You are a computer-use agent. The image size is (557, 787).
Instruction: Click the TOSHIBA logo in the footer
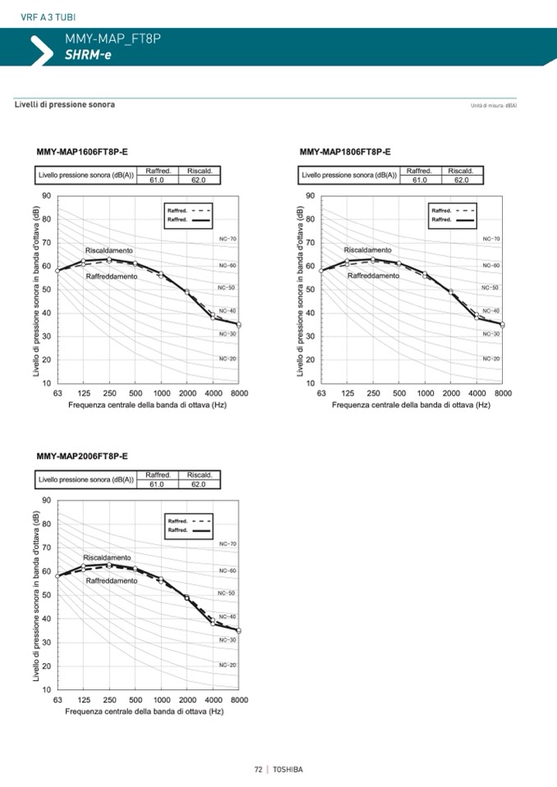coord(288,769)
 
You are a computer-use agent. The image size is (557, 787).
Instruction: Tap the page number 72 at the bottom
coord(258,769)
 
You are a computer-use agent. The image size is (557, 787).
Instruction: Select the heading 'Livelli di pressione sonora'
coord(65,105)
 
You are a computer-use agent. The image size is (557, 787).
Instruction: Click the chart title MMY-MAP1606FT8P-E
coord(82,152)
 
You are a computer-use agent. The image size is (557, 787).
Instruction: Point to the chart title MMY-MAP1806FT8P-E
coord(345,152)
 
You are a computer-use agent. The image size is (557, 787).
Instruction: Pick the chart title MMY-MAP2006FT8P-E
coord(82,455)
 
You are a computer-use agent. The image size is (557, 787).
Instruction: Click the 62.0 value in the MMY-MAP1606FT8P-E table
coord(200,180)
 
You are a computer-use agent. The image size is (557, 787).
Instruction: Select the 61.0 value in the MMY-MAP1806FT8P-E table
coord(420,180)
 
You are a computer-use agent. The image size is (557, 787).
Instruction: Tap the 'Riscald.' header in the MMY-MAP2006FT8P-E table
coord(200,475)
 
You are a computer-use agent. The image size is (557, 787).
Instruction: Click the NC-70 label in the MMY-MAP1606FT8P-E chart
coord(228,239)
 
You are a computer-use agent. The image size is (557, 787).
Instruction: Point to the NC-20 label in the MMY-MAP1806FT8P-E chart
coord(491,359)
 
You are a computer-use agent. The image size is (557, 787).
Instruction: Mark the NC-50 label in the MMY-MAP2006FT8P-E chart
coord(227,593)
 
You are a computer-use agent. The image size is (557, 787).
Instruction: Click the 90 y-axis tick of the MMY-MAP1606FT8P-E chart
coord(47,196)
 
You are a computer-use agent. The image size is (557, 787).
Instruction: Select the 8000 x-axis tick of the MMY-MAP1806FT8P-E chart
coord(503,393)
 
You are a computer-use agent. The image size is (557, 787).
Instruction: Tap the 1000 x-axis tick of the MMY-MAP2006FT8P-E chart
coord(162,700)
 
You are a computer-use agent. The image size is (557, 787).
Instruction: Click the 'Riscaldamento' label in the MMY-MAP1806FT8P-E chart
coord(367,249)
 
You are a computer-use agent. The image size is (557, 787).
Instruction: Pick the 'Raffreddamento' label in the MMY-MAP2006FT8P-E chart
coord(112,580)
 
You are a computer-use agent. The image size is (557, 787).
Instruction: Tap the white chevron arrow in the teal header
coord(41,49)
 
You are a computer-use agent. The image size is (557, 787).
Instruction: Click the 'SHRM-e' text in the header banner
coord(88,55)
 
